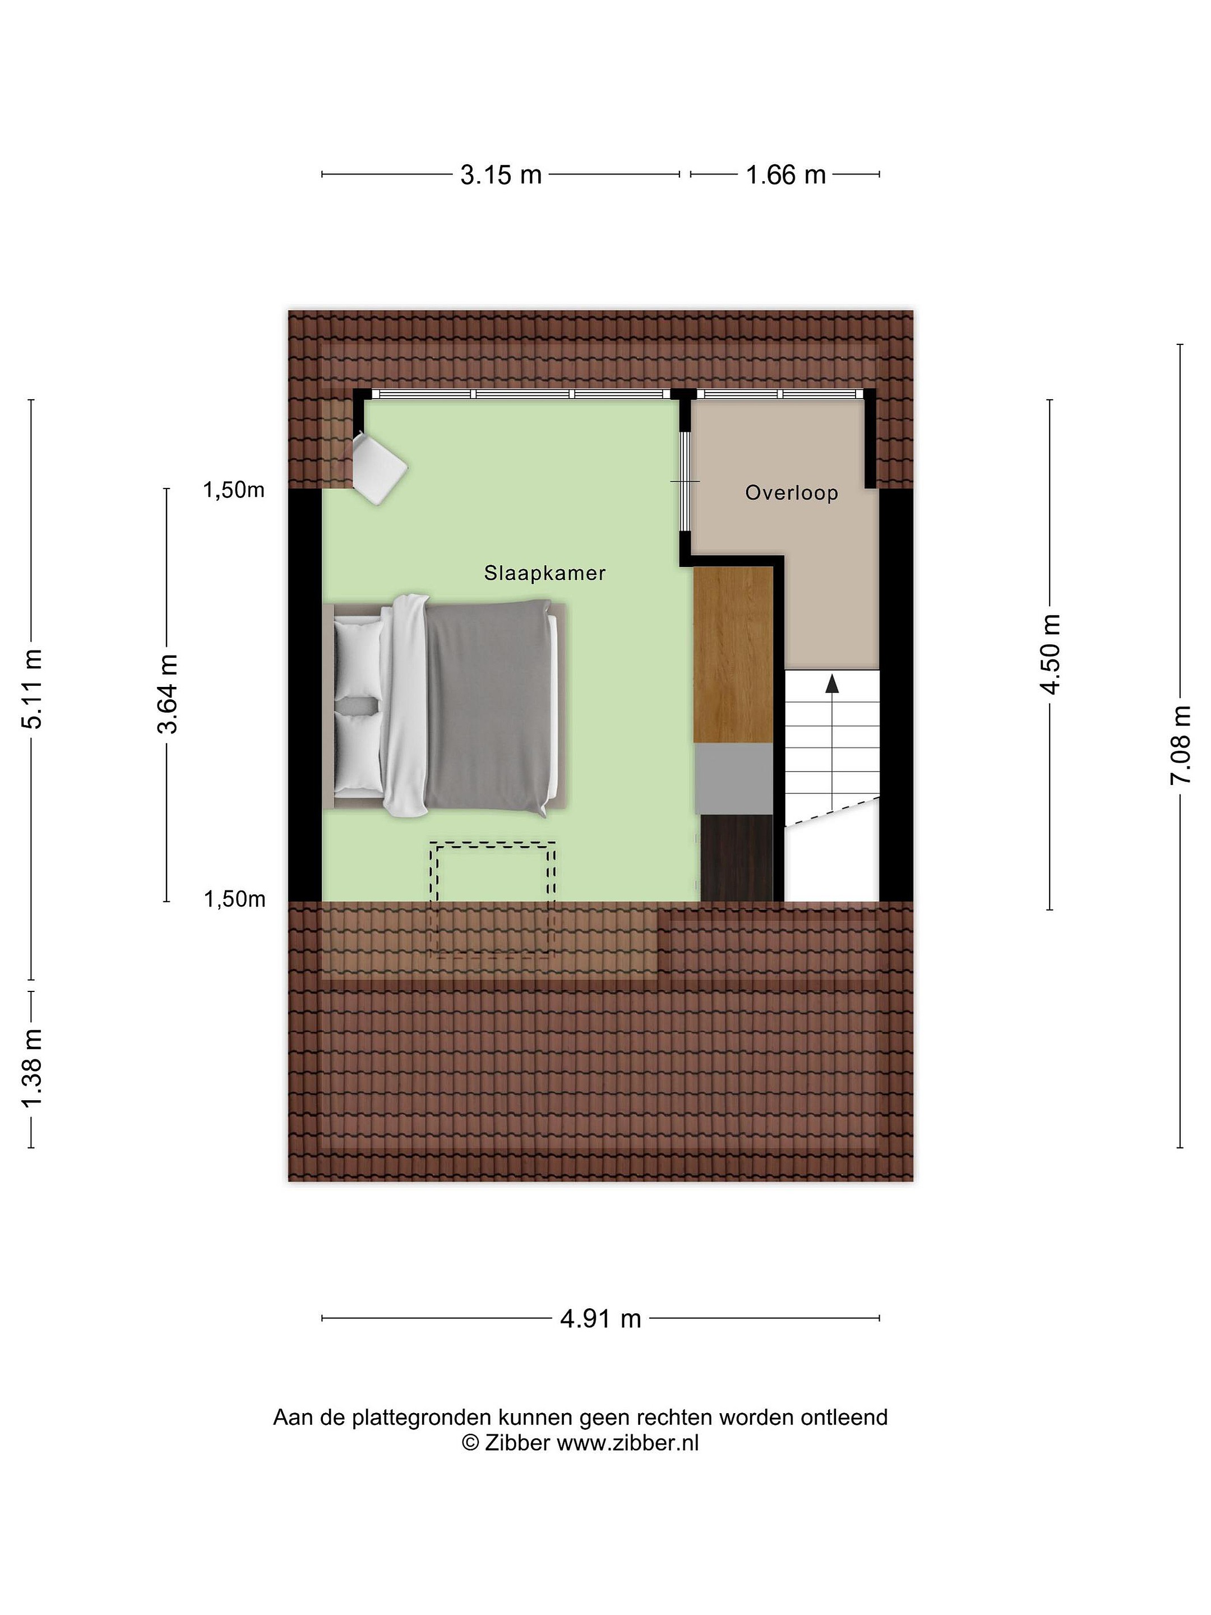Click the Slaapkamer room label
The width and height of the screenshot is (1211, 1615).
(x=544, y=573)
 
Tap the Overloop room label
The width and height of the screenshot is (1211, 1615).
(x=791, y=493)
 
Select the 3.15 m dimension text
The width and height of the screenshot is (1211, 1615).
(x=501, y=175)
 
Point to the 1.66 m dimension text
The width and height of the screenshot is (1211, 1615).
(x=785, y=175)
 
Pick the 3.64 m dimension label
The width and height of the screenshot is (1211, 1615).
(x=168, y=694)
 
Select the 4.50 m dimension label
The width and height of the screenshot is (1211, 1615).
(x=1051, y=654)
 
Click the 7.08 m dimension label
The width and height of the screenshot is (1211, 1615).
(x=1180, y=745)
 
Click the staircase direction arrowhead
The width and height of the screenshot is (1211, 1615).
(x=831, y=684)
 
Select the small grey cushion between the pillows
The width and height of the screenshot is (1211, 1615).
(x=357, y=706)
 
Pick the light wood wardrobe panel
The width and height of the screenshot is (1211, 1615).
(x=733, y=655)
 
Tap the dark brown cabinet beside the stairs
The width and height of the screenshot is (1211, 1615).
(x=737, y=858)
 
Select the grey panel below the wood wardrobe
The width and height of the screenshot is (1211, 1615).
(x=733, y=778)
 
